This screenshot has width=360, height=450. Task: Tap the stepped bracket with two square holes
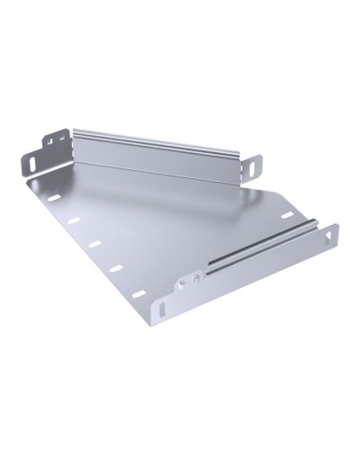coord(57,142)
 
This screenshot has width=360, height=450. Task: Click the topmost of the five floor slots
coord(53,196)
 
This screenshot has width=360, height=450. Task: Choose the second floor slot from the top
coord(74,220)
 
